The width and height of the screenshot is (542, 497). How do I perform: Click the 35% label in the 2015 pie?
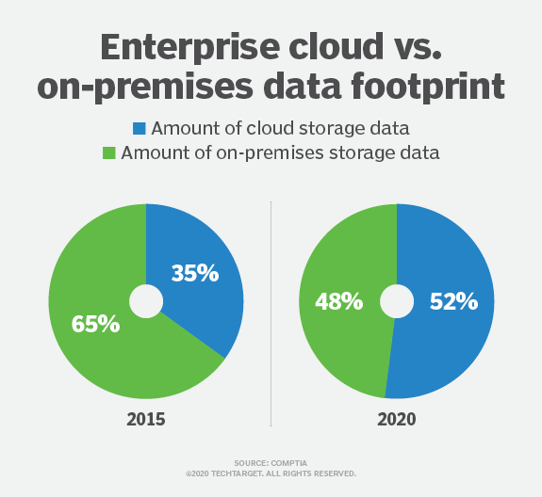click(195, 274)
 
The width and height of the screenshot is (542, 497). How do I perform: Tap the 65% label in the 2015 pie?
click(95, 325)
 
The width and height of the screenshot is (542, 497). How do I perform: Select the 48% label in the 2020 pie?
click(338, 302)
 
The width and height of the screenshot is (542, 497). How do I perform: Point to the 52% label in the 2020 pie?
click(453, 302)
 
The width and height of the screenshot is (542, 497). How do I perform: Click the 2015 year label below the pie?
click(146, 419)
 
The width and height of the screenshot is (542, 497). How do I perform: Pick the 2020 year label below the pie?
click(396, 419)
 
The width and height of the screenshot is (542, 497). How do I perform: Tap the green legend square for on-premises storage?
click(107, 152)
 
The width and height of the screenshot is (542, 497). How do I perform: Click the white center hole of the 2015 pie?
click(146, 301)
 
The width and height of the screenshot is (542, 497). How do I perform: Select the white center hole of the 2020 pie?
click(397, 301)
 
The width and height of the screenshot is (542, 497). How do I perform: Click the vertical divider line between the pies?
click(271, 311)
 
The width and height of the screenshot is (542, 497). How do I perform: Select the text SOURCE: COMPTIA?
click(271, 463)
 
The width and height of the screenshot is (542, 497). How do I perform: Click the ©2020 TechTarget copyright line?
click(271, 473)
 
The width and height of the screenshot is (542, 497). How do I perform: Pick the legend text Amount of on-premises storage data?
click(280, 152)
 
